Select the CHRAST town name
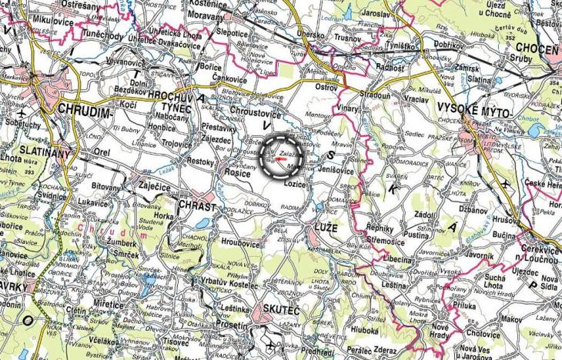tap(198, 206)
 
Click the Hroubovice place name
tap(239, 242)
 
